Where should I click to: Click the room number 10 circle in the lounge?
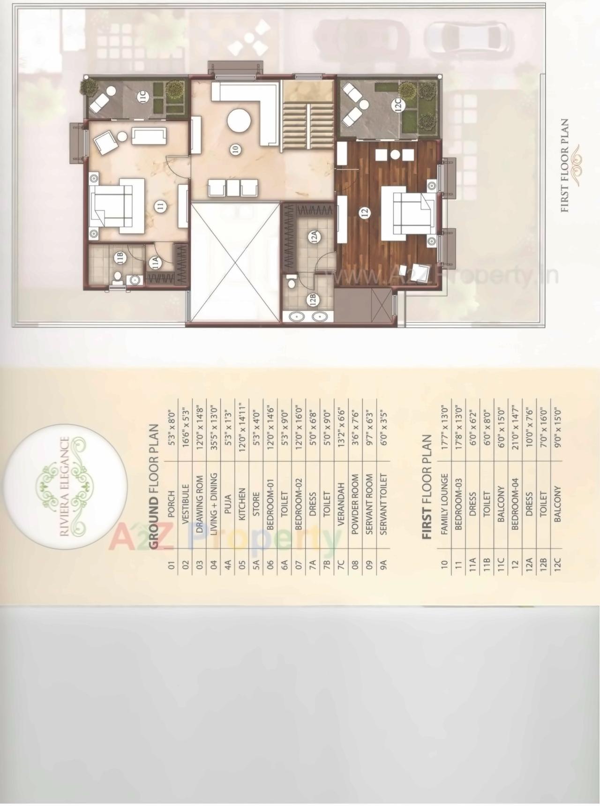click(x=235, y=150)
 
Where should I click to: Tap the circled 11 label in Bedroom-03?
click(x=161, y=207)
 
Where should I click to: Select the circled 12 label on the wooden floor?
click(x=365, y=212)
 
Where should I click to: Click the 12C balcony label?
click(x=398, y=104)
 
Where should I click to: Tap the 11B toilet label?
click(x=120, y=257)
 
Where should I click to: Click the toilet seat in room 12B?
click(x=291, y=282)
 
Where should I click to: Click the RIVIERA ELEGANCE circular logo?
click(x=65, y=485)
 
